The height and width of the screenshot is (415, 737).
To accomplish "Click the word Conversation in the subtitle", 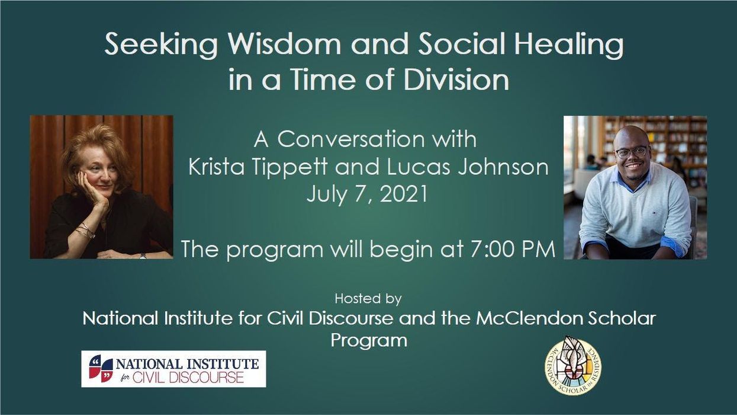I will point(376,139).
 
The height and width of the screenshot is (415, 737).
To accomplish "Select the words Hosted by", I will point(368,298).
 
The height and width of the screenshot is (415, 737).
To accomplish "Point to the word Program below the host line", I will point(368,340).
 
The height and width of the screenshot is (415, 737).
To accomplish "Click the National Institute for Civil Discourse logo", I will point(173,369).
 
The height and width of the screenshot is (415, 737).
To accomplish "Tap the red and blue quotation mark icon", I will point(101,368).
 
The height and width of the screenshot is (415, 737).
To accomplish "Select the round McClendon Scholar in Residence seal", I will point(572,365).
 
